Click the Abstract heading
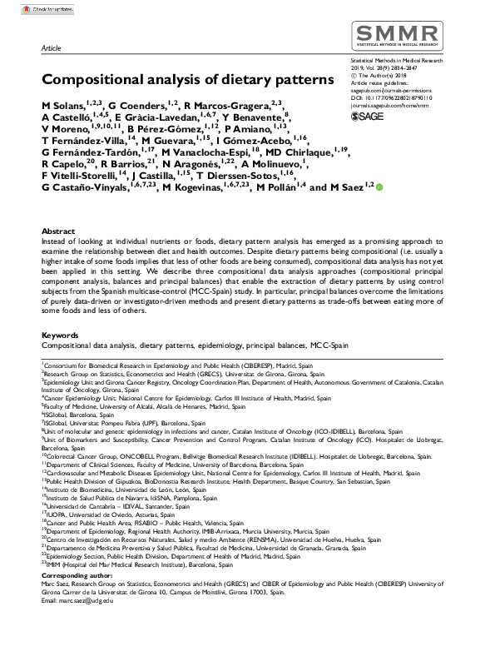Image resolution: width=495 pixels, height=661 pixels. click(57, 230)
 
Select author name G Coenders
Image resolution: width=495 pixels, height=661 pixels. click(136, 107)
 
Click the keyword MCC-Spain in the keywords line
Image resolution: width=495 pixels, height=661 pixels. click(329, 345)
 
